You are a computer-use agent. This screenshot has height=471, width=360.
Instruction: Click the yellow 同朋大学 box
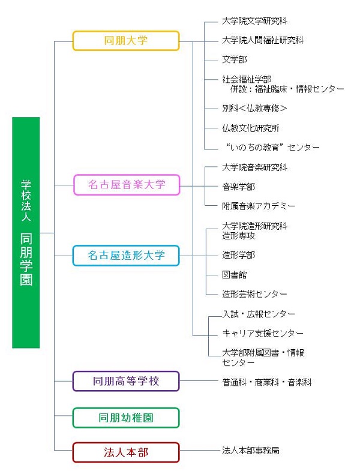[126, 41]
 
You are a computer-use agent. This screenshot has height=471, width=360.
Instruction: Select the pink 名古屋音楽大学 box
[127, 185]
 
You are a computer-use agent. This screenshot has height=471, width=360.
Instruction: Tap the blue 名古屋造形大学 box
[126, 256]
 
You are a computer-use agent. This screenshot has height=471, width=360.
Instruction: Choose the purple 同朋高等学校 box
[126, 381]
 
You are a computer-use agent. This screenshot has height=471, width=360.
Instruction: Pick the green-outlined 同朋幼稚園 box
[126, 418]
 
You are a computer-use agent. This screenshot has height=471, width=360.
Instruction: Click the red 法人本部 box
[126, 452]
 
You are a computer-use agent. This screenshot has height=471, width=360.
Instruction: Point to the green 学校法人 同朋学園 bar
[26, 232]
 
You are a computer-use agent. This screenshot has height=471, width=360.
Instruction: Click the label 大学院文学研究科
[255, 21]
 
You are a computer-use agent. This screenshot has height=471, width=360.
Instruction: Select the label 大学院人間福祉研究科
[263, 40]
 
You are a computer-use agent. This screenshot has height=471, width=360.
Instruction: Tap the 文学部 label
[235, 59]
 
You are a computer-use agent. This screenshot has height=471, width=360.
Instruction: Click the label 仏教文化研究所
[251, 128]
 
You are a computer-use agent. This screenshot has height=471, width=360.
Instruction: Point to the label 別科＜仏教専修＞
[254, 109]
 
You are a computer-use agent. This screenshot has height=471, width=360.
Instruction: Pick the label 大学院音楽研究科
[255, 167]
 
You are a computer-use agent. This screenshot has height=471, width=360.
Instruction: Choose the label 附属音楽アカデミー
[259, 206]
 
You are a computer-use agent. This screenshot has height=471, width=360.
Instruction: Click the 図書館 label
[235, 275]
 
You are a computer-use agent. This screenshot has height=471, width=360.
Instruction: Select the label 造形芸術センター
[254, 294]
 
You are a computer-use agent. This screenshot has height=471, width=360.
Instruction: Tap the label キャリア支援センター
[263, 333]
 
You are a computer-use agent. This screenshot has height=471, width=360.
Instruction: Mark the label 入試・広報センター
[259, 314]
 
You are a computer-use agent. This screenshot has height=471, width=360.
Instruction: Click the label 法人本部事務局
[251, 451]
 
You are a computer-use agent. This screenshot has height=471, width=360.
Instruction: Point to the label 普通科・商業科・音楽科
[267, 382]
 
